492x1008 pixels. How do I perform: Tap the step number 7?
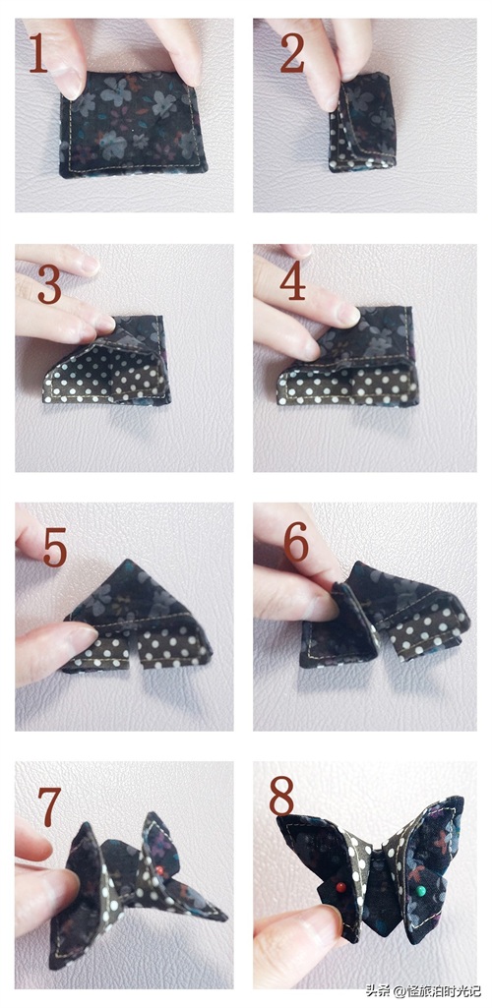(49, 806)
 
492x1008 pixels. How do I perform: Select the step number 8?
(281, 796)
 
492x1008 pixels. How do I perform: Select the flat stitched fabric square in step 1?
(134, 124)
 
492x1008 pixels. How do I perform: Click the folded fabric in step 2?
(363, 122)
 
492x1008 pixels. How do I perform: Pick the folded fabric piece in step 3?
(107, 360)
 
